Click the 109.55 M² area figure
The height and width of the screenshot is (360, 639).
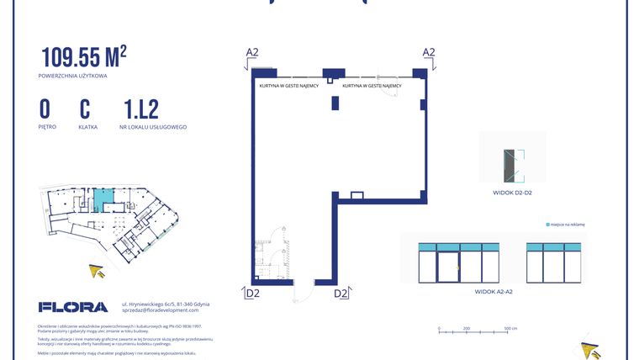pos(84,57)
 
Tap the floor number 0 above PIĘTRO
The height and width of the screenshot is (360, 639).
pos(45,109)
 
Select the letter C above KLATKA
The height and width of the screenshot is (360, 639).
pos(85,109)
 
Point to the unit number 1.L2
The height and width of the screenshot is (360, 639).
pos(140,109)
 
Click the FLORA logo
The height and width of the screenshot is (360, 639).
pos(73,307)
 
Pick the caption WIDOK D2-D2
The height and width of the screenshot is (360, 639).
pos(513,193)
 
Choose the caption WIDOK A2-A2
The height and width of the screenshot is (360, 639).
pos(495,291)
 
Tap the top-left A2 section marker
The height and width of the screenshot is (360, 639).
pos(252,52)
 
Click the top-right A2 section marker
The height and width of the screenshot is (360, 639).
pos(428,52)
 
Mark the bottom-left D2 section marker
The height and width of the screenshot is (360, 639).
pos(252,293)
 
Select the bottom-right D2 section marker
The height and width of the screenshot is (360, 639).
pos(341,293)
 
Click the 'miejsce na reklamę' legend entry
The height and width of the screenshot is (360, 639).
pos(565,225)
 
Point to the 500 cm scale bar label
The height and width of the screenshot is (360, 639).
pos(510,328)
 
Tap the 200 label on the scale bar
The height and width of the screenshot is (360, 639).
pos(465,328)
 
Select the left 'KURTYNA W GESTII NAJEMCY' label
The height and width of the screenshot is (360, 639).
pos(288,86)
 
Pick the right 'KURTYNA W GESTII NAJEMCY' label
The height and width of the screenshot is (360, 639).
pos(372,86)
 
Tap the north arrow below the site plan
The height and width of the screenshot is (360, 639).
pos(98,270)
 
